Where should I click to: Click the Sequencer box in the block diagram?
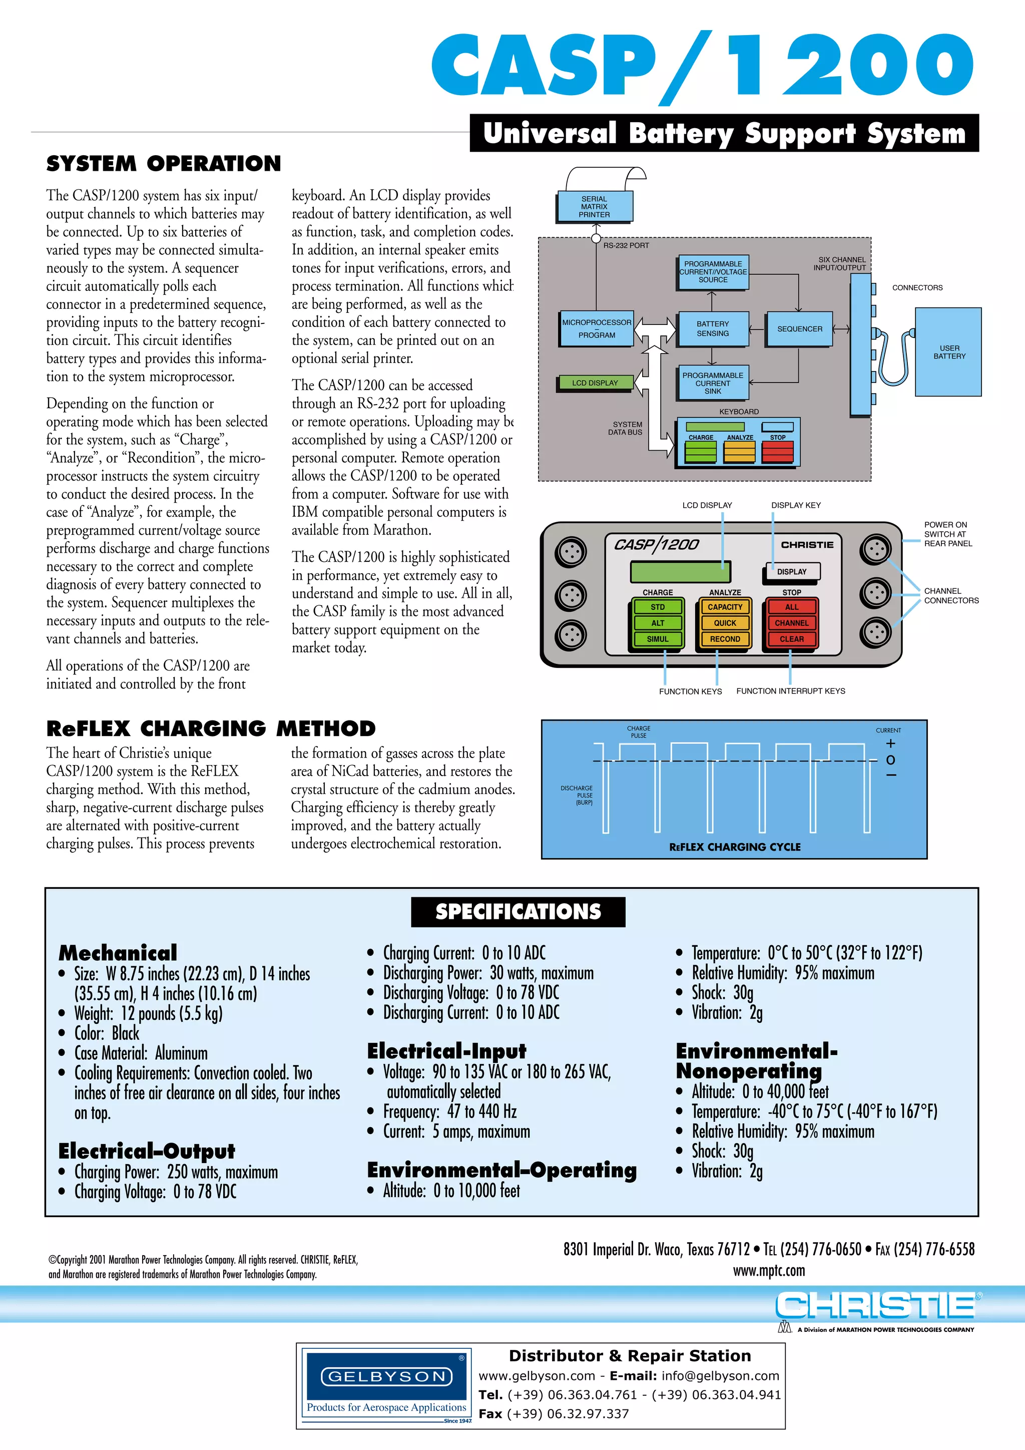click(x=799, y=329)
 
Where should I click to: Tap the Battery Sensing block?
click(x=713, y=329)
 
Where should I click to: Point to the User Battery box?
click(x=948, y=352)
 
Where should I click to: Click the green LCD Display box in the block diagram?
click(x=595, y=383)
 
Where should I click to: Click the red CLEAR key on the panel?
click(x=791, y=639)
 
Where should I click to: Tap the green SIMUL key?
click(x=657, y=639)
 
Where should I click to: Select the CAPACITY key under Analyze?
click(x=725, y=607)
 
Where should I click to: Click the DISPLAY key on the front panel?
click(x=791, y=571)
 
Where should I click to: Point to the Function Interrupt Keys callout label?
click(x=790, y=691)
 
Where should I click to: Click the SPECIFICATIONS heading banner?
click(x=518, y=912)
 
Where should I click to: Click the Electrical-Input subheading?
click(x=446, y=1051)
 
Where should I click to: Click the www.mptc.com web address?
click(x=769, y=1271)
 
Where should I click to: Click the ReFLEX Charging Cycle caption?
click(x=735, y=847)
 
